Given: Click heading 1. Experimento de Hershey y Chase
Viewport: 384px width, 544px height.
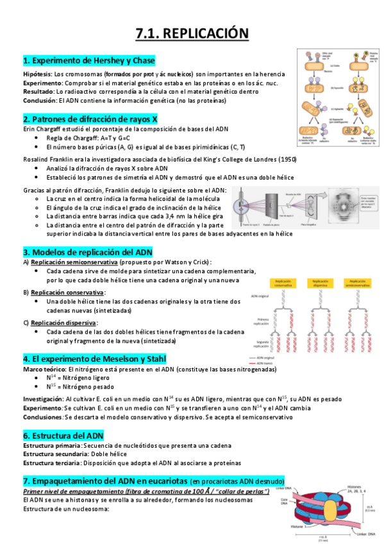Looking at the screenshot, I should [x=89, y=61].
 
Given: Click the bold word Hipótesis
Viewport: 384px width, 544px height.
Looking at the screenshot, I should [x=37, y=74].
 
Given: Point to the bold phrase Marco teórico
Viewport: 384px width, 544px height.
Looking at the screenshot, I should [x=44, y=370].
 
